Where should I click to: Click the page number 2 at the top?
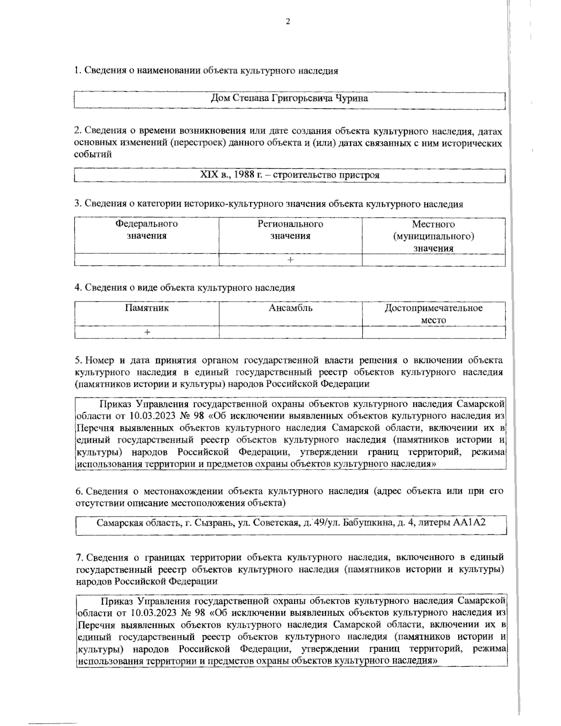(288, 21)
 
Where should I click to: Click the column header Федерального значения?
(147, 230)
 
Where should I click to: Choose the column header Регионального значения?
(290, 230)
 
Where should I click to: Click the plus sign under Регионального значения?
(290, 260)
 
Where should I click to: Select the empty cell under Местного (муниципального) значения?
(433, 260)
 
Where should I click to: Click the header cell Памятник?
(147, 309)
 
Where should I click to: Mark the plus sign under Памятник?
(147, 332)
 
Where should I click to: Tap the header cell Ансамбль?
(290, 309)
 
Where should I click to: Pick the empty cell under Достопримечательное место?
(433, 332)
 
